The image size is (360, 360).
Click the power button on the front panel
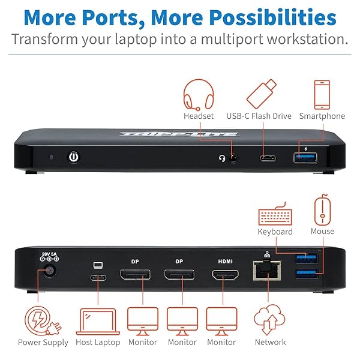coord(74,157)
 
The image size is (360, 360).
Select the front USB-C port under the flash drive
coord(268,159)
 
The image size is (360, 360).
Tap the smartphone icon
coord(322,94)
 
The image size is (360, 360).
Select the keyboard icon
coord(275,217)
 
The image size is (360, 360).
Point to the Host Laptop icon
coord(97,321)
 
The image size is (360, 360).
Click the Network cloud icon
coord(269,321)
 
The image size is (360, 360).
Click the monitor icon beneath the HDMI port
coord(221,321)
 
